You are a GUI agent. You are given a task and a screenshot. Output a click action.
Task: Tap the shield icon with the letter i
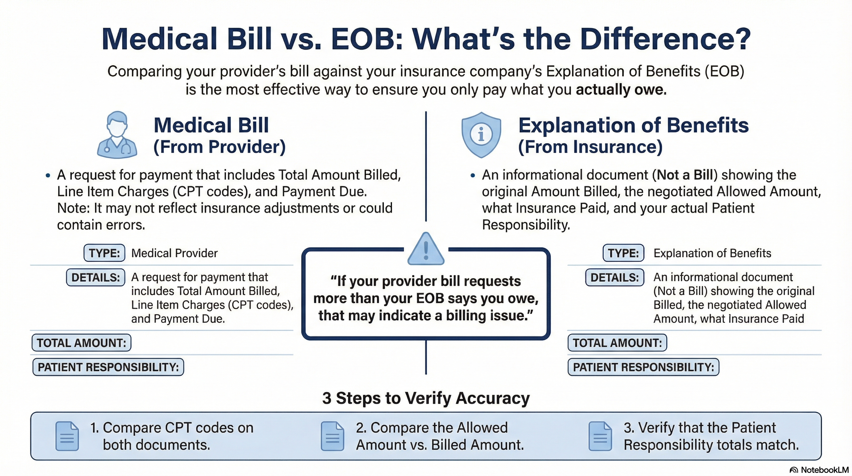(x=481, y=134)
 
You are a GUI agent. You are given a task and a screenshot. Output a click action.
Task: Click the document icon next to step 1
(x=67, y=436)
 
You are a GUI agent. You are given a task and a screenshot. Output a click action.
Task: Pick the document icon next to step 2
(x=333, y=436)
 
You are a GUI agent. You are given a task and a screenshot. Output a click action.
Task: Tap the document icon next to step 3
(x=600, y=436)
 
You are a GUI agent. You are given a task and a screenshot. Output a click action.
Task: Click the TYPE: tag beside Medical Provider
(x=104, y=253)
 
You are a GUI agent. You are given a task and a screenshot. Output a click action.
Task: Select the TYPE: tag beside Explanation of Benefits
(x=623, y=253)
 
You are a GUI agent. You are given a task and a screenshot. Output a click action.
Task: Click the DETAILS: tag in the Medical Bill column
(x=96, y=277)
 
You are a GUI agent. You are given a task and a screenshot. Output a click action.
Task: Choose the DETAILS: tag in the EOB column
(x=615, y=277)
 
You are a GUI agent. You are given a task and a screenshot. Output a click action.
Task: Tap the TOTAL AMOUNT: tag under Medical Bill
(x=81, y=343)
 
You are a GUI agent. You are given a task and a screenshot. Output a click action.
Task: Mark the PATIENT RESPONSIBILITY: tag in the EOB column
(x=643, y=367)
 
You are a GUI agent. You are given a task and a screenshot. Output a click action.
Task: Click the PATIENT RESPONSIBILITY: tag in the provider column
(x=108, y=367)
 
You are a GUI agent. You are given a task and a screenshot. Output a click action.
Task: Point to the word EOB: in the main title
(x=367, y=39)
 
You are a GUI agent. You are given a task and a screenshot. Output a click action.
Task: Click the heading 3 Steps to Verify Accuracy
(x=426, y=398)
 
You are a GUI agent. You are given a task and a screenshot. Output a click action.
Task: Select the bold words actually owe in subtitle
(x=621, y=90)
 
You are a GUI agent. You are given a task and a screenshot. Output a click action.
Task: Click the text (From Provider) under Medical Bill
(x=219, y=147)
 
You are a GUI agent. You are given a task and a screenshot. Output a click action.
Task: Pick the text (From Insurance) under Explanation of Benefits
(x=590, y=147)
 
